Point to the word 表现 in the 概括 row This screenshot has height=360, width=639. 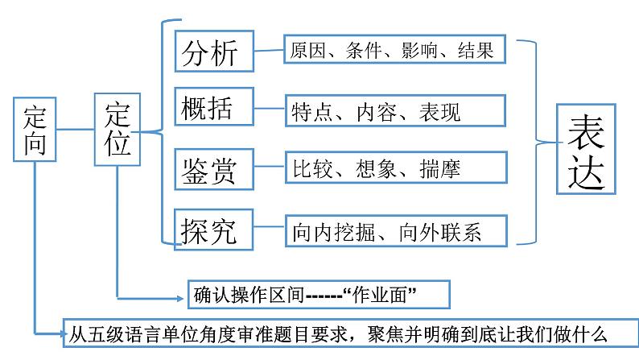point(439,112)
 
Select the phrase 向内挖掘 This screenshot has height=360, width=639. point(329,233)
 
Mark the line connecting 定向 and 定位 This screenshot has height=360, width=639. point(75,128)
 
